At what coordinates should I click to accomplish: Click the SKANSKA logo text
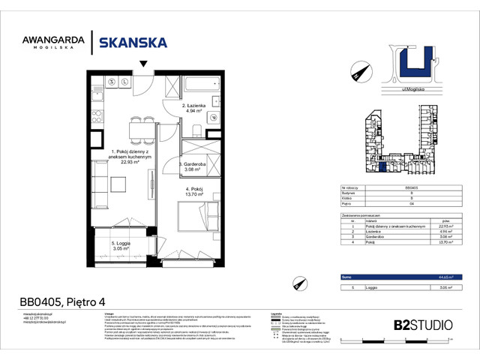coord(133,43)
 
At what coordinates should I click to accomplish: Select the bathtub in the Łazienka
coord(200,85)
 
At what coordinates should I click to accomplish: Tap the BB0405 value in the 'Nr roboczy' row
coord(411,187)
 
